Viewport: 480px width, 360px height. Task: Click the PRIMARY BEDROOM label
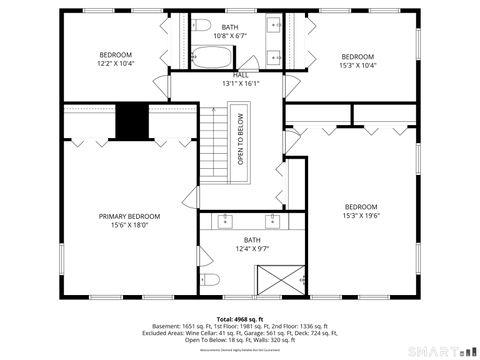[x=129, y=216]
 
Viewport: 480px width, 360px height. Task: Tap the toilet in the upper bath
[x=200, y=26]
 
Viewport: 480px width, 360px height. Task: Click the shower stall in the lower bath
[x=283, y=276]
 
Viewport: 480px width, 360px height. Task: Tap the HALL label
[x=241, y=75]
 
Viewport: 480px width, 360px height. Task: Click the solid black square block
[x=132, y=122]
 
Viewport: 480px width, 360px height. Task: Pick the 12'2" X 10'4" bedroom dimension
[x=116, y=64]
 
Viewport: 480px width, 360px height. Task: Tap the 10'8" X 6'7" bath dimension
[x=230, y=36]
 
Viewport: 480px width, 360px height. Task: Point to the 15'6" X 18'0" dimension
[x=129, y=225]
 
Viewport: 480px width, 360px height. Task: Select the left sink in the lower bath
[x=226, y=219]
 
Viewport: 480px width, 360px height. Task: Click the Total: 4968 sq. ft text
[x=239, y=317]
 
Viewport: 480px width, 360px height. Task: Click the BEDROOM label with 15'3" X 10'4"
[x=358, y=56]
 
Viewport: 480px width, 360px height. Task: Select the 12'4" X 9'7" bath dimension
[x=251, y=249]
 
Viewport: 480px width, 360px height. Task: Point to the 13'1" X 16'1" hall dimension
[x=241, y=84]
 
